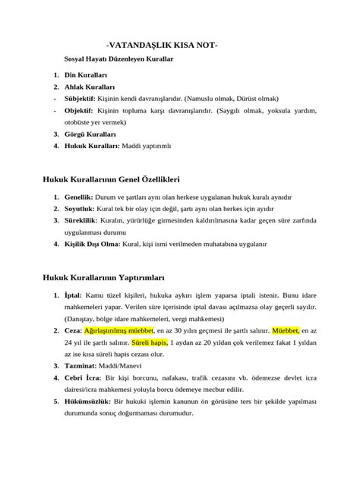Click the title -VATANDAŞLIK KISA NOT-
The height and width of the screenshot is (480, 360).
coord(162,46)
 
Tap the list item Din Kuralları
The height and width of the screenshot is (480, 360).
coord(87,76)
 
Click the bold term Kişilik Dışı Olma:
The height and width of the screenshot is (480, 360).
coord(93,245)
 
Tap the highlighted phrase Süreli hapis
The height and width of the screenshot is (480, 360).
coord(147,343)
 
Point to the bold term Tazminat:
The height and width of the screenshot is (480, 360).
coord(85,366)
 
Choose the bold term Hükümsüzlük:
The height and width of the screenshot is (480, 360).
coord(89,401)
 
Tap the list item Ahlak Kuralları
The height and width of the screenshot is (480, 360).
coord(90,87)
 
